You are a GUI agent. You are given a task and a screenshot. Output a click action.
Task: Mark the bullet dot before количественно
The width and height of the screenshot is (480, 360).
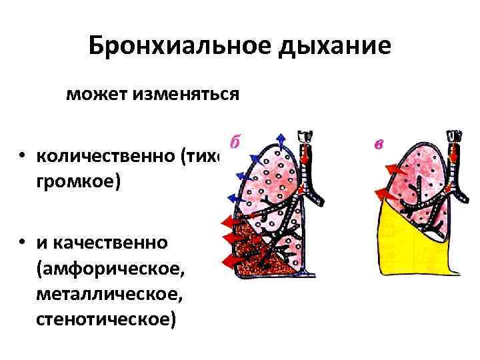[23, 157]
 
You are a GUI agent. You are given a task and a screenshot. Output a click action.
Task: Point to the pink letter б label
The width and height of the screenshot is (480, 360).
[234, 143]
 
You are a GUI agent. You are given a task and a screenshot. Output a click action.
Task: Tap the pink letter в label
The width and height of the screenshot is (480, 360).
[378, 143]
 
